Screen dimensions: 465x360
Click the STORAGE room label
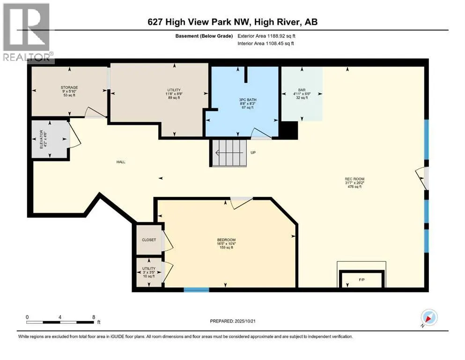69,88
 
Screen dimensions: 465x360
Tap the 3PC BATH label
248,100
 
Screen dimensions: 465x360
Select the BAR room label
302,90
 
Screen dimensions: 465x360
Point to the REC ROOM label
354,179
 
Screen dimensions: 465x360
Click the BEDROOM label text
226,240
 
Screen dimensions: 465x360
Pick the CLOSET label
149,240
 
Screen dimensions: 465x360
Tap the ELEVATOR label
42,139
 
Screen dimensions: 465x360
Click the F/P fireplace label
362,279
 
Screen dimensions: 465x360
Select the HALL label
121,162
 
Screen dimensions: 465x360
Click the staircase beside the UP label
229,153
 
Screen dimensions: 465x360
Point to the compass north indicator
429,318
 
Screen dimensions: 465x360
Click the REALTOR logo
27,32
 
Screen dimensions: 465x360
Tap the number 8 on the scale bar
94,317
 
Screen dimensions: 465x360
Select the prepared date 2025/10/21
244,321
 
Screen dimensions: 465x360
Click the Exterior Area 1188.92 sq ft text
266,36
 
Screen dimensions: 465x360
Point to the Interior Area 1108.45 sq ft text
266,43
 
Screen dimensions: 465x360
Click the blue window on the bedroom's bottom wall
196,290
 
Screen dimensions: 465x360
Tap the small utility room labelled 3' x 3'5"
149,272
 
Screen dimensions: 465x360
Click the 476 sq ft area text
354,187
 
